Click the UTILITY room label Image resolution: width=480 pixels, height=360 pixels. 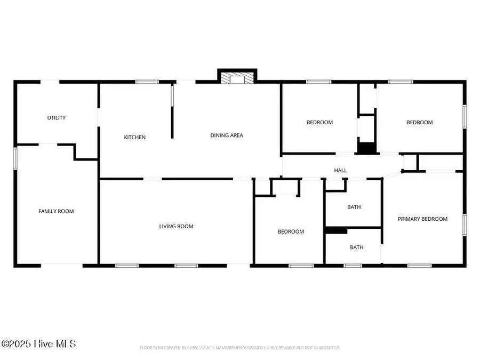point(57,118)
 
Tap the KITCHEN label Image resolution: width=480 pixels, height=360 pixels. point(135,138)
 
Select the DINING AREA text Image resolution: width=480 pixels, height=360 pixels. point(226,135)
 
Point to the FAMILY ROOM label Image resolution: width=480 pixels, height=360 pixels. point(56,212)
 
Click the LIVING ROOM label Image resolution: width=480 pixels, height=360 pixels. point(176,227)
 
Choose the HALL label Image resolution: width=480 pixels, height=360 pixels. point(340,171)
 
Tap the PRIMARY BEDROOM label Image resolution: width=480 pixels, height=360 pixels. point(422,219)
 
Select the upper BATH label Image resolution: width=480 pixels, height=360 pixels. point(354,207)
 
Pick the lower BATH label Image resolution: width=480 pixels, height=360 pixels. point(357,247)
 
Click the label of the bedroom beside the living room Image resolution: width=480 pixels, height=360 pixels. point(291,232)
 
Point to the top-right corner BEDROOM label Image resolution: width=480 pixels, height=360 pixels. point(420,123)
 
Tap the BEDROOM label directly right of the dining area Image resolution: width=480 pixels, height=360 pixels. point(319,123)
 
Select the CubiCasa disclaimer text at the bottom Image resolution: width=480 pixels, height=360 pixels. point(239,348)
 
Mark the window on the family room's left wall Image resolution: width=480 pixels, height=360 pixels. point(15,158)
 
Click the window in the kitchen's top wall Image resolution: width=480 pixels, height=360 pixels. point(147,82)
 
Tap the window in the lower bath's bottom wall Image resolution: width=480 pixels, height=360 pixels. point(352,265)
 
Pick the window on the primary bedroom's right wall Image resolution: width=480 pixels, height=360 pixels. point(465,225)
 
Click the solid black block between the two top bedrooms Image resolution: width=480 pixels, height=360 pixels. point(366,149)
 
